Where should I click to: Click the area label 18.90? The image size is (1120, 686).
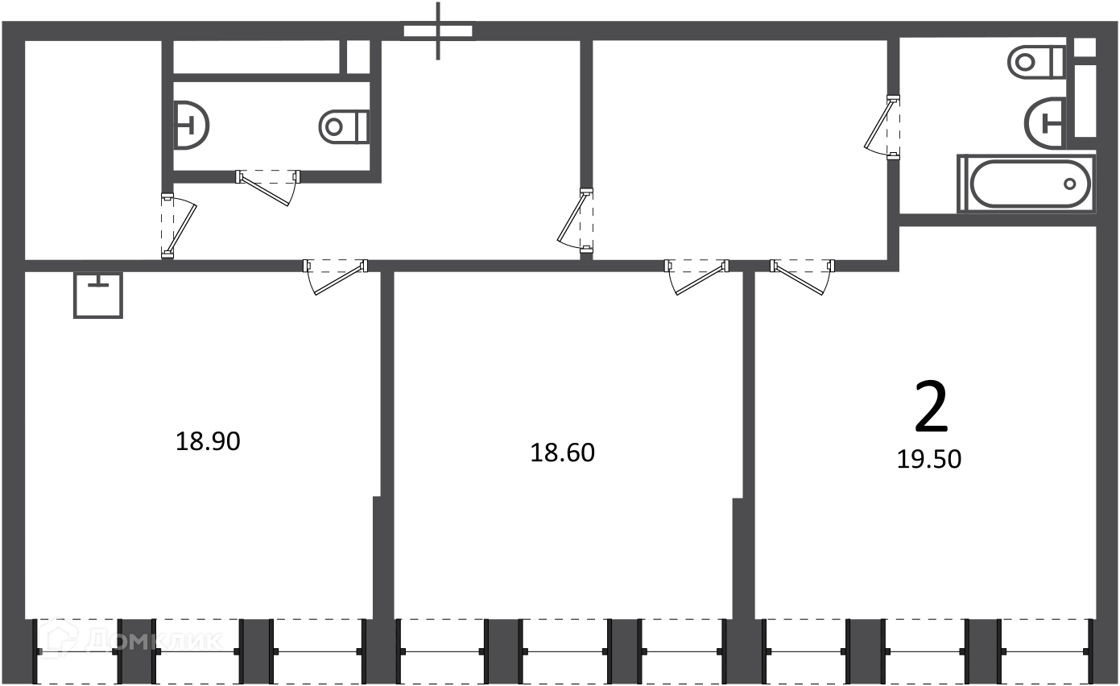pos(208,441)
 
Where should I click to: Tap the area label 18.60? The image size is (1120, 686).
pos(563,453)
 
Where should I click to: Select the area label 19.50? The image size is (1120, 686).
pos(929,459)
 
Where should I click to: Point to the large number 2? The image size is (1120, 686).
pos(931,406)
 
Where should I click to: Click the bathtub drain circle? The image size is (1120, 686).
pos(1069,184)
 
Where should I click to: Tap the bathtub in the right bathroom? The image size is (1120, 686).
pos(1026,184)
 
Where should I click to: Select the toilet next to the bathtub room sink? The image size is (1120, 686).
pos(1036,63)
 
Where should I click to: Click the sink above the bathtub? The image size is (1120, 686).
pos(1045,123)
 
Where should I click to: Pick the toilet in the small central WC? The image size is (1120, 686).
pos(345,126)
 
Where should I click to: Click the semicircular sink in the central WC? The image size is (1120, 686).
pos(192,126)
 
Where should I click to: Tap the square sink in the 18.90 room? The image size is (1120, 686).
pos(98,295)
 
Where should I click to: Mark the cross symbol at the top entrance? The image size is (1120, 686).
pos(438,31)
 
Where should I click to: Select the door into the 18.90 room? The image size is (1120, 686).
pos(336,277)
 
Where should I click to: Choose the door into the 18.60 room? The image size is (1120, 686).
pos(696,277)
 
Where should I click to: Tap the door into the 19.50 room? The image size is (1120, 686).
pos(803,277)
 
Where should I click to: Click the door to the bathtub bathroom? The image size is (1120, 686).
pos(882,127)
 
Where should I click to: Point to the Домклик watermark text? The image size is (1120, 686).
pos(154,640)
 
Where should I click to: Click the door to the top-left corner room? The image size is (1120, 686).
pos(179,225)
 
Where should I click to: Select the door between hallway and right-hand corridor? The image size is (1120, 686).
pos(575,221)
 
